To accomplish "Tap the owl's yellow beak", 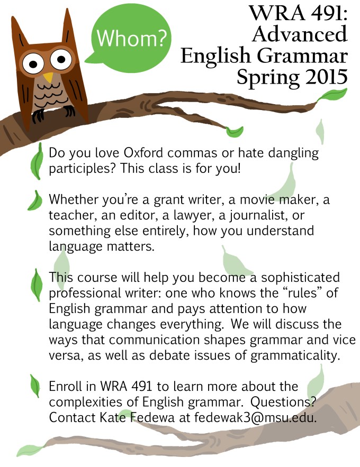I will click(x=49, y=78).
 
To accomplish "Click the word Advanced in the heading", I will click(x=300, y=33).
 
